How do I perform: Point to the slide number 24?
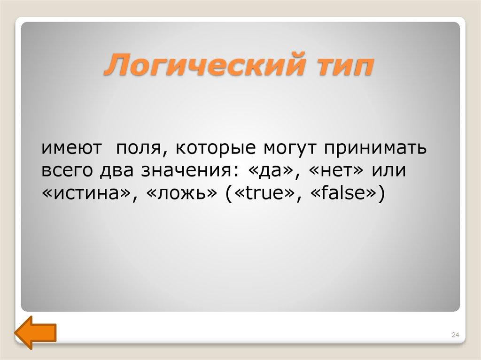454,334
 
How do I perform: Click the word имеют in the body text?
72,149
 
